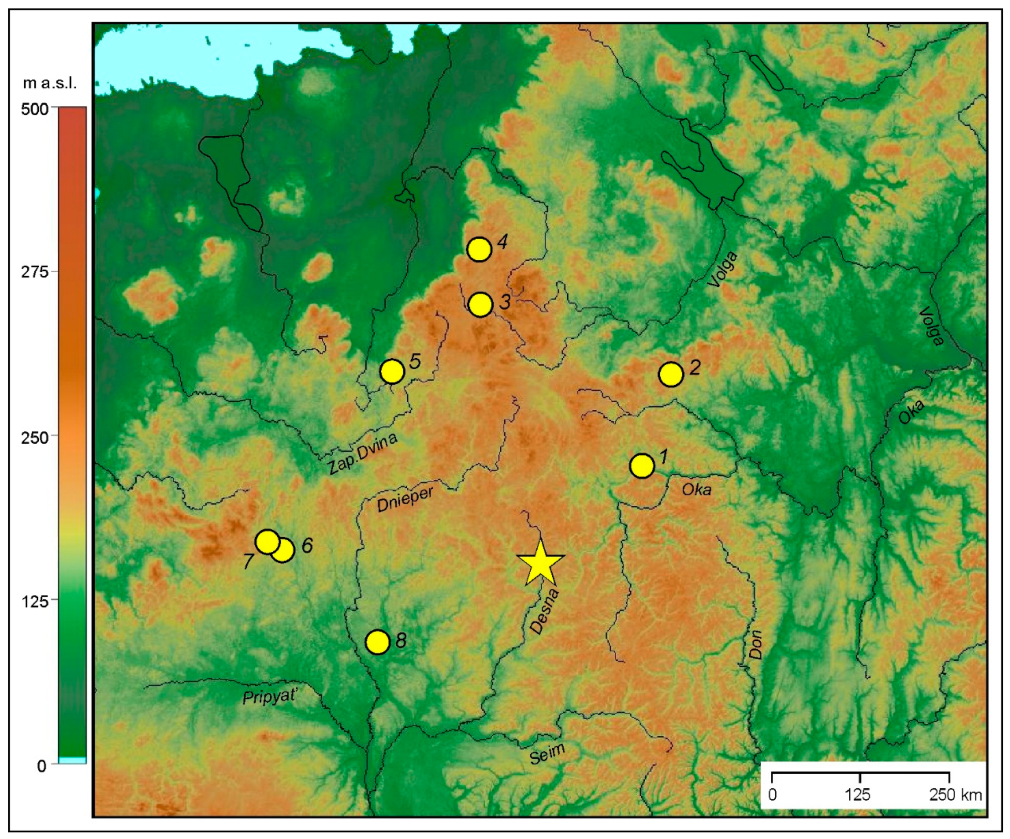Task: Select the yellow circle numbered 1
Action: click(x=642, y=466)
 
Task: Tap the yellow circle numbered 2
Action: click(x=671, y=374)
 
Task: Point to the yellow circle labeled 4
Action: click(x=479, y=249)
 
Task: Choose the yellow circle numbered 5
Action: click(x=392, y=371)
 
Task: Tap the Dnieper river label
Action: click(x=405, y=499)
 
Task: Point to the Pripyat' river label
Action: click(x=269, y=697)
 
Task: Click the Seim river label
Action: click(x=547, y=753)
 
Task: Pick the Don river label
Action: click(x=755, y=644)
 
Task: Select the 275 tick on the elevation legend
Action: click(x=35, y=272)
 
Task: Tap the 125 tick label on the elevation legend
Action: click(x=35, y=600)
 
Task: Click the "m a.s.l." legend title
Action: click(x=50, y=83)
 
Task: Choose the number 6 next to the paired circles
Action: click(x=307, y=545)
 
